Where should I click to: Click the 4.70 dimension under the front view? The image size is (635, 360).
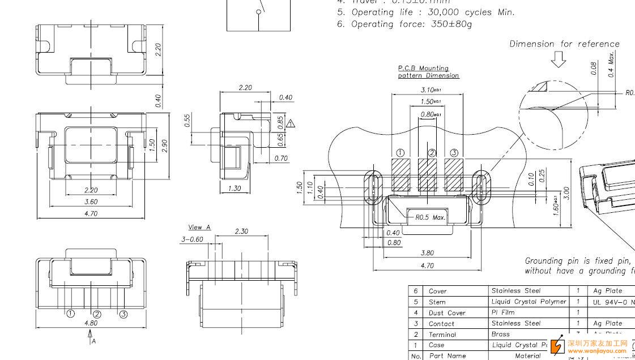91,213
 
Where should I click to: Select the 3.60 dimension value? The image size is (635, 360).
91,202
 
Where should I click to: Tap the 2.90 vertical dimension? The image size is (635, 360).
165,145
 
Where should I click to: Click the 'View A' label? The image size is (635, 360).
199,227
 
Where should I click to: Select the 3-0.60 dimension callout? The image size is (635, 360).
192,239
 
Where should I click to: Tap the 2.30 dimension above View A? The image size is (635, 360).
241,231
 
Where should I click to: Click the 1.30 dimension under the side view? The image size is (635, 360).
234,188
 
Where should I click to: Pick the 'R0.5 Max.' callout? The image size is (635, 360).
430,217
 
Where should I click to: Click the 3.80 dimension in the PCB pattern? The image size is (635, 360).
428,254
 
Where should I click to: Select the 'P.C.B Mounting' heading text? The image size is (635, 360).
423,68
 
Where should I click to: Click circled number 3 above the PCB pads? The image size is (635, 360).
454,153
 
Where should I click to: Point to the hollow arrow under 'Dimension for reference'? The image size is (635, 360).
559,59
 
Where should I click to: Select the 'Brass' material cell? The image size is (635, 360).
501,334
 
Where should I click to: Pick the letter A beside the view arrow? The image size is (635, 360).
93,341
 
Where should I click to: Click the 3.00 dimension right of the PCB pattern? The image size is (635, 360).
566,193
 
